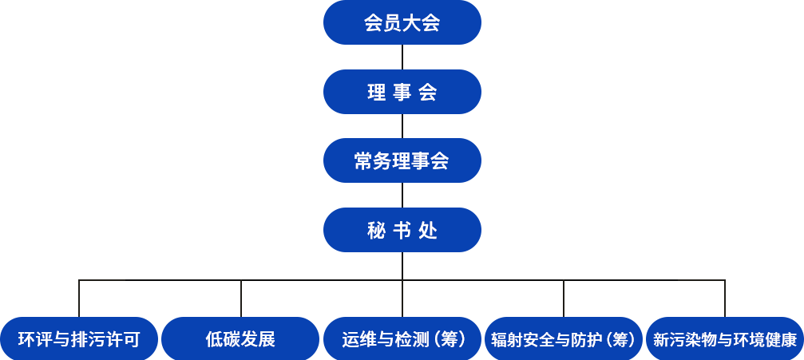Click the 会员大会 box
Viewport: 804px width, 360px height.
402,22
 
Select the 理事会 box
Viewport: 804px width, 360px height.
402,92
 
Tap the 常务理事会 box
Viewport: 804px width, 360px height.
402,160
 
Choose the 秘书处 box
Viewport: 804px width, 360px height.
402,230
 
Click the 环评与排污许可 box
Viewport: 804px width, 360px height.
79,339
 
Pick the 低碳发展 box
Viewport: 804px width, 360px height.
240,339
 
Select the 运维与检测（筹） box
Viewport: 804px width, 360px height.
402,339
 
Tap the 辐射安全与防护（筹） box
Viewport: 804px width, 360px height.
564,339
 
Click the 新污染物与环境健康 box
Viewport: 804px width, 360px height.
724,339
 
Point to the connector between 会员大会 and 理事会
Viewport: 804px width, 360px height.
402,57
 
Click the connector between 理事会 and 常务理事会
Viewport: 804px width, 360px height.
402,126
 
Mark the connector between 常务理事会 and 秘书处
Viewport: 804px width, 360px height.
402,195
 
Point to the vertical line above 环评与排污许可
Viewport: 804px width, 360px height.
79,299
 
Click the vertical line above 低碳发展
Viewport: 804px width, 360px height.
241,299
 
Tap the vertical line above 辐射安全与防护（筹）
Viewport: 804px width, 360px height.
564,299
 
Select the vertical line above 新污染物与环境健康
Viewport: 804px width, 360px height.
725,299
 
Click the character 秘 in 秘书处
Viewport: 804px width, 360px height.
375,231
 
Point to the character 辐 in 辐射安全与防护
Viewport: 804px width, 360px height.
499,340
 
